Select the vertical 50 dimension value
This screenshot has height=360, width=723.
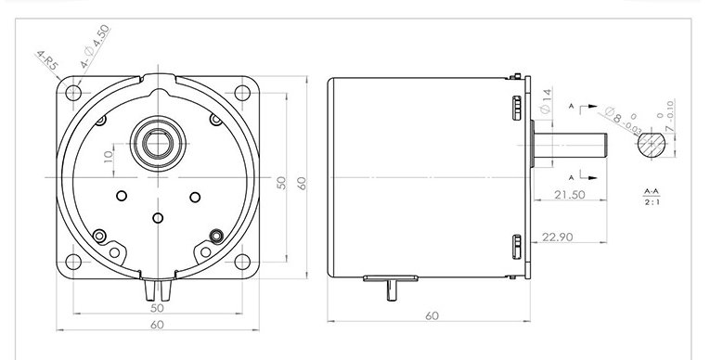[282, 184]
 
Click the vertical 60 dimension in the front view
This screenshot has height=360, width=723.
[301, 184]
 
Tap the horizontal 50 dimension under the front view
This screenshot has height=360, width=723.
[157, 307]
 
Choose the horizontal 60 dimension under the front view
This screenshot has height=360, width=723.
[157, 325]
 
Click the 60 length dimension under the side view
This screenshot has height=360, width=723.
[431, 316]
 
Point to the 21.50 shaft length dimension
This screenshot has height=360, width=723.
[569, 195]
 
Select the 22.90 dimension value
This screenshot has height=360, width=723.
[579, 238]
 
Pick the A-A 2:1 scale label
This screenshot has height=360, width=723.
[652, 197]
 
